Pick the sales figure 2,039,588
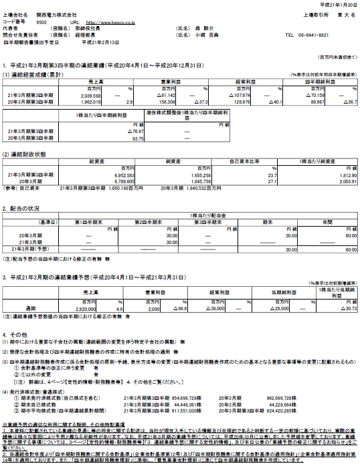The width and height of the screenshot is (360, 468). [106, 96]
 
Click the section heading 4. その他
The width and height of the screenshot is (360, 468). [18, 334]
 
